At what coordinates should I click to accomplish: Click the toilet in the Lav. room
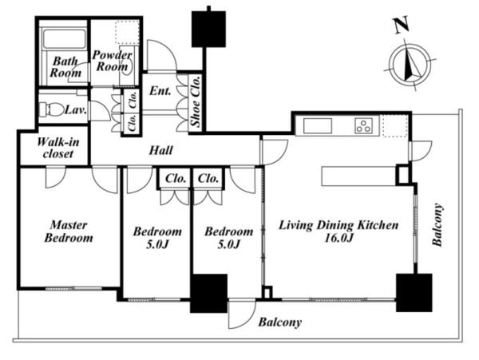tap(51, 109)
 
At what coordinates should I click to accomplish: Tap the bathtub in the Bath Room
tap(64, 38)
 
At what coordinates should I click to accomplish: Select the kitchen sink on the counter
tap(318, 125)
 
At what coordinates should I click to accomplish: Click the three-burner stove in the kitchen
tap(363, 125)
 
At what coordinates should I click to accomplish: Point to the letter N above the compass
tap(402, 26)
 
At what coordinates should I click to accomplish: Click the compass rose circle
tap(411, 65)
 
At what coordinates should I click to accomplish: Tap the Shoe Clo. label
tap(196, 101)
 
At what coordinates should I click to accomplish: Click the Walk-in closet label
tap(58, 148)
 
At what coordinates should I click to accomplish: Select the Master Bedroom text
tap(69, 231)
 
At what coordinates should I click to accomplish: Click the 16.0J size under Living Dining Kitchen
tap(338, 238)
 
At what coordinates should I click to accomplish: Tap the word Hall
tap(161, 151)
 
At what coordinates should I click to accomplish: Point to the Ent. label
tap(160, 91)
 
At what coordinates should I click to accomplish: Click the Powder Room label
tap(112, 61)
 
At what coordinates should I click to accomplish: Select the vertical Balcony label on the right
tap(437, 224)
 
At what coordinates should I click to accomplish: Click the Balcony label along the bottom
tap(280, 322)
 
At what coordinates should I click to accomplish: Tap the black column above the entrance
tap(208, 29)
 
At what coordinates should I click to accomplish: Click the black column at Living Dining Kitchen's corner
tap(414, 292)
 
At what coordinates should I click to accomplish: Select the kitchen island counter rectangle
tap(359, 176)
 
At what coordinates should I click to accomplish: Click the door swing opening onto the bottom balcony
tap(241, 315)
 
